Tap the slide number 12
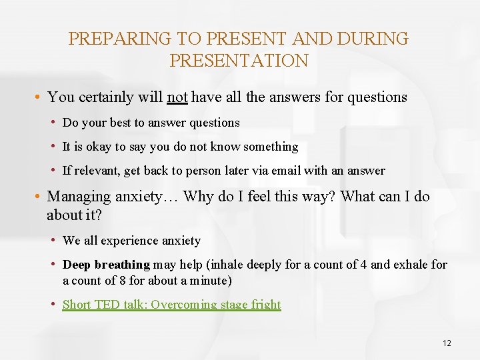tap(447, 343)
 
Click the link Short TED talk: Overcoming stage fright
tap(171, 305)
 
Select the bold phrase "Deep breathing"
tap(106, 265)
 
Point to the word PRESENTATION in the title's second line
tap(239, 61)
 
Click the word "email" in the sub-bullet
tap(284, 171)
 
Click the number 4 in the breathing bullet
tap(363, 265)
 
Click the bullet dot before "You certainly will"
tap(39, 97)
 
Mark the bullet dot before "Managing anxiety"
tap(39, 197)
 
